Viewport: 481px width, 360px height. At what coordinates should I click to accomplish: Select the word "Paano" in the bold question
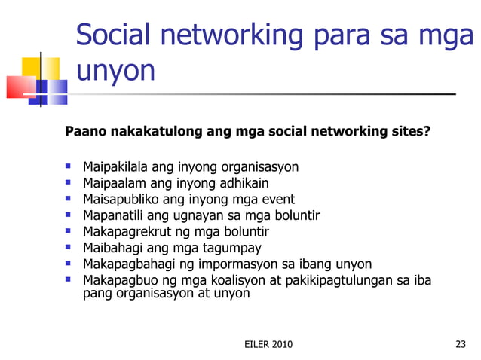86,133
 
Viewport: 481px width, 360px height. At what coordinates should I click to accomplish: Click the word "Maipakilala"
116,166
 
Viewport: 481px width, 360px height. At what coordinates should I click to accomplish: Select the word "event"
277,200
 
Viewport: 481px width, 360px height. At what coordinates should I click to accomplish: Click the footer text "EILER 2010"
269,345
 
